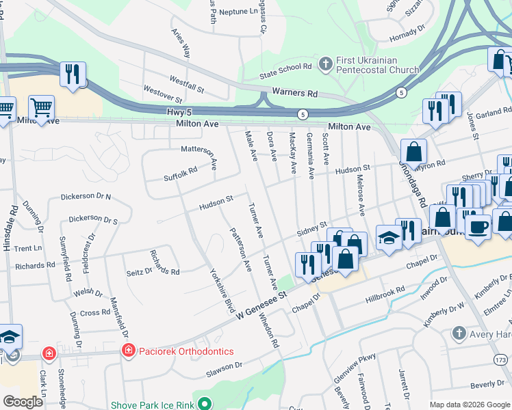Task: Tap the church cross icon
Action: (326, 64)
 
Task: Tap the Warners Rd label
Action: (295, 92)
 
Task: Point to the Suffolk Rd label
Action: (180, 174)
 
